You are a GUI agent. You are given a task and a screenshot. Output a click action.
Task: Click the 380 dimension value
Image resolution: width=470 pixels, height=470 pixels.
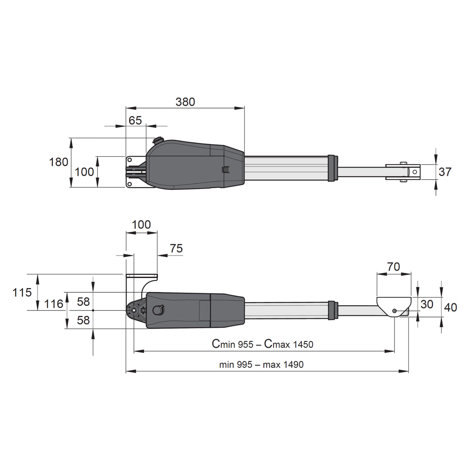185,102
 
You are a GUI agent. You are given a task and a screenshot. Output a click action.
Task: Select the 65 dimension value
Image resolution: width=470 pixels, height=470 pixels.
135,120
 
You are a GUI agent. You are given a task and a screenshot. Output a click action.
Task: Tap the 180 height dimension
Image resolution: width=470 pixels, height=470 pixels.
58,162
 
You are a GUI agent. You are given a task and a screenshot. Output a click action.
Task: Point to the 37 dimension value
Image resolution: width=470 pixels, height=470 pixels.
445,172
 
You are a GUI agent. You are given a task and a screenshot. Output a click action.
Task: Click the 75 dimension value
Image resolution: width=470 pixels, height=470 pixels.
176,249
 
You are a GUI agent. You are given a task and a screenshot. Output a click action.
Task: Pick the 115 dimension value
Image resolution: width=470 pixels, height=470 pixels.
22,292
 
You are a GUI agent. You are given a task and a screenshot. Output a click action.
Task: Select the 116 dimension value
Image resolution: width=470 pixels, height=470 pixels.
53,304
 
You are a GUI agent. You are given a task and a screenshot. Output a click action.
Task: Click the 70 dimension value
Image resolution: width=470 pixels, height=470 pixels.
393,267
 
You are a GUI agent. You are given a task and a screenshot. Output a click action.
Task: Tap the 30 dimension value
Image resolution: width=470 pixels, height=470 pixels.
427,304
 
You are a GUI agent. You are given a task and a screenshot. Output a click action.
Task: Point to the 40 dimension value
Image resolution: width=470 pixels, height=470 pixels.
450,307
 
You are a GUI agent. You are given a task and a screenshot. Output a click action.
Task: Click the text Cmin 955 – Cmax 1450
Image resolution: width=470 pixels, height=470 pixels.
262,344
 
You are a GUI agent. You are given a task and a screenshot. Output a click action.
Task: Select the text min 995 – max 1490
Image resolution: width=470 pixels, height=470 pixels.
261,364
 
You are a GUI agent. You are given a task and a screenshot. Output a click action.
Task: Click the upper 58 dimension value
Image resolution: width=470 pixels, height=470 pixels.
83,302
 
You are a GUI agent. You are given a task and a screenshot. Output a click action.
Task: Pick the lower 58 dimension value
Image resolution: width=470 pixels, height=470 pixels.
83,320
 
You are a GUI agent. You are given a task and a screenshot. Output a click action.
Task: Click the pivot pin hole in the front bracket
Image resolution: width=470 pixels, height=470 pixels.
394,311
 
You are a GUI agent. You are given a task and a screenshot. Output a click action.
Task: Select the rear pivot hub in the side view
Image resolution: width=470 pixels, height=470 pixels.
134,310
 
